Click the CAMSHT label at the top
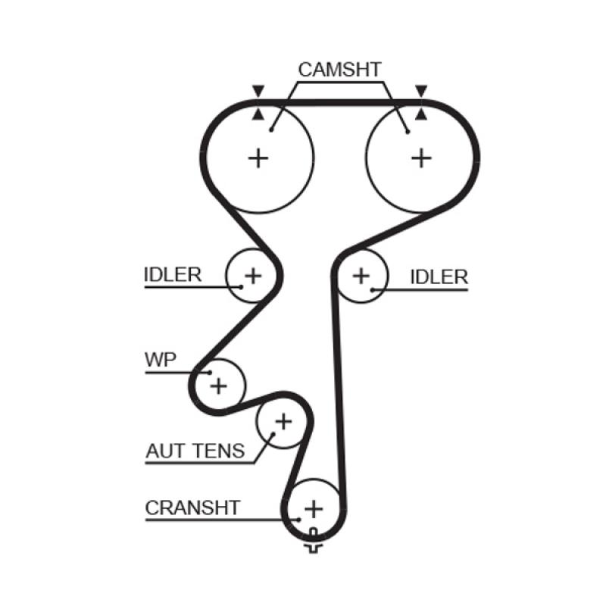point(339,70)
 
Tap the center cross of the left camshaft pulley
point(259,158)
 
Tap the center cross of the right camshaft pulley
point(420,158)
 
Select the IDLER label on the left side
point(173,274)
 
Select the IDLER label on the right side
point(439,277)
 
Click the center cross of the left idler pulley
point(253,275)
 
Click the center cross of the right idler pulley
point(361,275)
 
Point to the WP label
point(161,359)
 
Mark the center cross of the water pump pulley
point(219,386)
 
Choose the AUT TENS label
point(195,452)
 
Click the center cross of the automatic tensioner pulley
point(283,420)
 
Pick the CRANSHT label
point(192,508)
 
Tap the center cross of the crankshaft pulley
point(314,507)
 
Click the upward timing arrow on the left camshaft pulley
point(259,114)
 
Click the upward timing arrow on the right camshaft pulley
point(421,114)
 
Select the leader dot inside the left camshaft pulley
point(270,130)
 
